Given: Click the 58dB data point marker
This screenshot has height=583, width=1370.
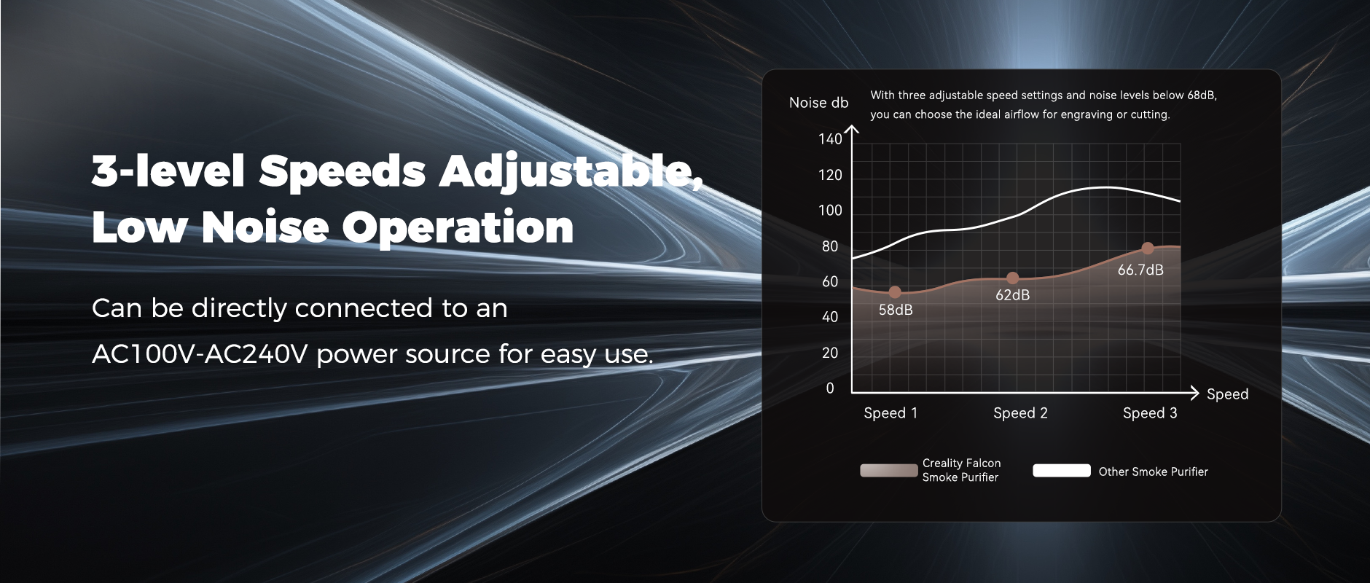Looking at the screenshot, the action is [895, 292].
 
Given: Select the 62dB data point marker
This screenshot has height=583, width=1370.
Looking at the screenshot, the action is [1012, 278].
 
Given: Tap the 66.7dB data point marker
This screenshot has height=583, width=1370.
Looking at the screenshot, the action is [1148, 249].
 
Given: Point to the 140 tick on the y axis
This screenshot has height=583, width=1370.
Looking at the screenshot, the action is [830, 139].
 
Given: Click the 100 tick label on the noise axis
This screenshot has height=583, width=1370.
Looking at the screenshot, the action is [830, 211].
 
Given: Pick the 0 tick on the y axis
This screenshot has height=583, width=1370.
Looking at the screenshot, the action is [830, 388].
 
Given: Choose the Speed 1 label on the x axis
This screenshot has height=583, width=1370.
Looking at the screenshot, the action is [890, 413].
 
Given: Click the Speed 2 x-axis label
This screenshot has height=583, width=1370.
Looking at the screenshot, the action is [1020, 413].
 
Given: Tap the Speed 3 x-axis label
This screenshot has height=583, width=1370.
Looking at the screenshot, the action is [1150, 413].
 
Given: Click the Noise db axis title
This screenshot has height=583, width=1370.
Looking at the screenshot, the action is [818, 103].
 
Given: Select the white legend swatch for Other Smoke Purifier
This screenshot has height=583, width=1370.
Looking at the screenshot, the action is [1062, 471].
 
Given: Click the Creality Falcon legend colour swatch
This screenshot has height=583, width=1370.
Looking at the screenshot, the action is [889, 471].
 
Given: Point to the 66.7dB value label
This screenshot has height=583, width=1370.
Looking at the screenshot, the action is [1140, 270].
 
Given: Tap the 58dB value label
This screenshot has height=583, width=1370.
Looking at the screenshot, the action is [896, 310].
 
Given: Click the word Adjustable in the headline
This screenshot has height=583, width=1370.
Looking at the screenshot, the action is [571, 173].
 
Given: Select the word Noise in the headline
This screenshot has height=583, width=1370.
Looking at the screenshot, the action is [265, 227].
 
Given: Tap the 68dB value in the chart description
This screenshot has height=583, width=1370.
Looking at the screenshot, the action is [1202, 95].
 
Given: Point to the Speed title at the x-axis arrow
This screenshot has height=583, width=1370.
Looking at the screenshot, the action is [1227, 394].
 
